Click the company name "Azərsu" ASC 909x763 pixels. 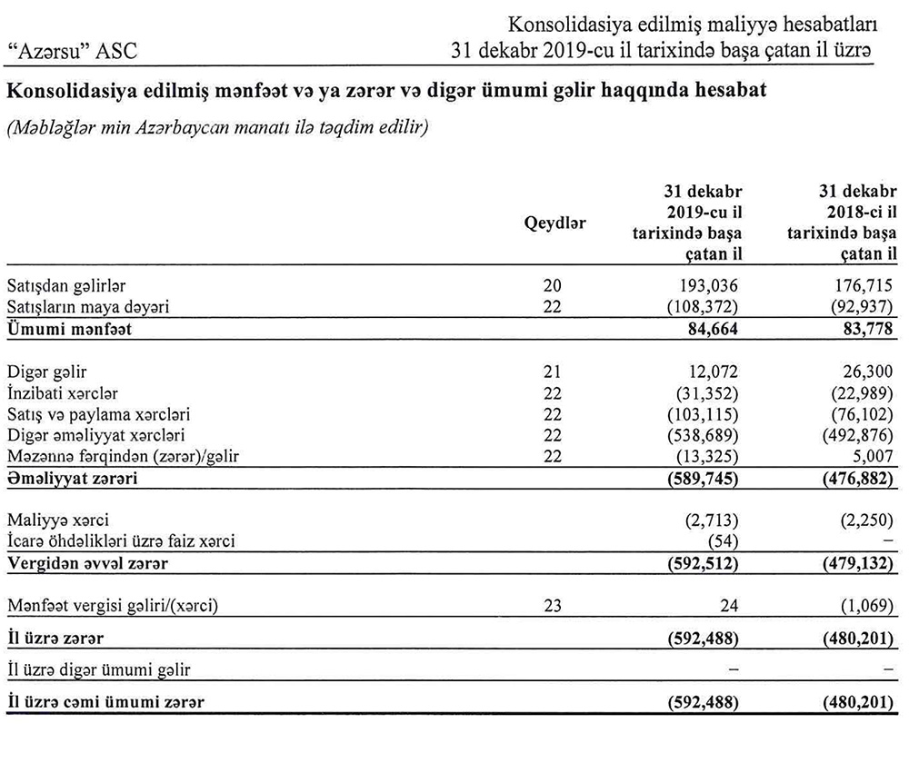coord(72,52)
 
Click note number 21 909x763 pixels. coord(554,372)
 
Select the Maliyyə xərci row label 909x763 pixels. coord(57,520)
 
